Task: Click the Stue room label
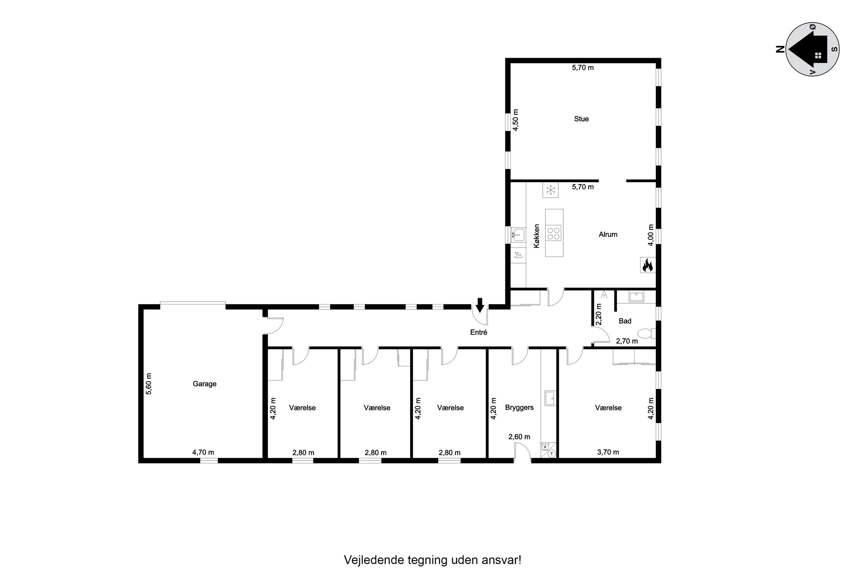pyautogui.click(x=581, y=119)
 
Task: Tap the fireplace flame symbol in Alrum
pyautogui.click(x=648, y=265)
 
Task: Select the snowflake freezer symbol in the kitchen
pyautogui.click(x=550, y=190)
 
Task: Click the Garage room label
pyautogui.click(x=204, y=384)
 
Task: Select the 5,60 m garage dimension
pyautogui.click(x=149, y=384)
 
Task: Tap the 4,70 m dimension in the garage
pyautogui.click(x=203, y=452)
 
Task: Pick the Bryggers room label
pyautogui.click(x=519, y=408)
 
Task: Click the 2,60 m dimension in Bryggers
pyautogui.click(x=519, y=437)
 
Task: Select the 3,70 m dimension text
pyautogui.click(x=608, y=452)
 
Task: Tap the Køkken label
pyautogui.click(x=537, y=236)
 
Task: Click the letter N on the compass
pyautogui.click(x=780, y=49)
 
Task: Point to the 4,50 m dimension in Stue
pyautogui.click(x=516, y=120)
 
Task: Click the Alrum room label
pyautogui.click(x=608, y=234)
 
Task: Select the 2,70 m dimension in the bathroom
pyautogui.click(x=627, y=341)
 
